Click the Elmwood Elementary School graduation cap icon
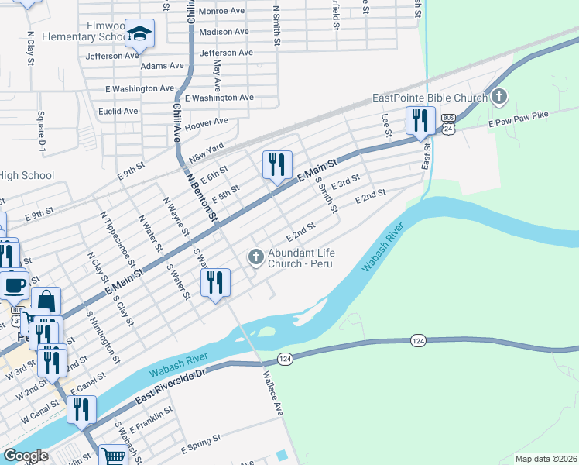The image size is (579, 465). pos(139,33)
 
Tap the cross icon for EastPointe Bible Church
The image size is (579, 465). pos(499,98)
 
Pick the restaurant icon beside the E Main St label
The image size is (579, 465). pos(277,164)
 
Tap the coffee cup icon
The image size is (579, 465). pos(14,284)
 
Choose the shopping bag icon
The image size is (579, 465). pos(46,301)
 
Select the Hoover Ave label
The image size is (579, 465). pos(206,122)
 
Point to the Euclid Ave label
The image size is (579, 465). pos(119,111)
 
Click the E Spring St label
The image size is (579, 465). pos(200,448)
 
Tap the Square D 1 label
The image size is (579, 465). pos(43,131)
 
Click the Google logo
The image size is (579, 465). pos(25,455)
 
